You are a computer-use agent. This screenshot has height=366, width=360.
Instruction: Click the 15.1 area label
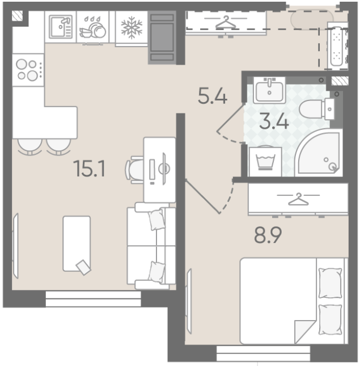click(x=90, y=169)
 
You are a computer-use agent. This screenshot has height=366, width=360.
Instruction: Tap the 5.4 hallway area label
click(x=213, y=95)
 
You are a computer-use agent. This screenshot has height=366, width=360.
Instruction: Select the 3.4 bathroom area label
click(x=274, y=121)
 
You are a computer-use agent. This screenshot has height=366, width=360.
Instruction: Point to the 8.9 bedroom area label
click(x=268, y=234)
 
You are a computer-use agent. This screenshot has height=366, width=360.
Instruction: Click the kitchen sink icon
click(x=61, y=27)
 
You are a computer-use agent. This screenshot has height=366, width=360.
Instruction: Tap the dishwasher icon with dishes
click(x=92, y=27)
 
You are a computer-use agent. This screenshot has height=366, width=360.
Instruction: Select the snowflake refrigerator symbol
click(x=132, y=27)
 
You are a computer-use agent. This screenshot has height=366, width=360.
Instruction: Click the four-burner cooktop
click(x=28, y=70)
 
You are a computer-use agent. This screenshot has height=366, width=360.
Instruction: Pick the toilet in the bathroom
click(x=317, y=109)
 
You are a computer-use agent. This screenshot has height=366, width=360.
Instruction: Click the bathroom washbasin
click(x=269, y=90)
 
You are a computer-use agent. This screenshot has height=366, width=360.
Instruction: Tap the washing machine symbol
click(x=265, y=161)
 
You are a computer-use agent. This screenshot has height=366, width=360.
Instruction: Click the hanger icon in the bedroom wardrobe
click(x=298, y=199)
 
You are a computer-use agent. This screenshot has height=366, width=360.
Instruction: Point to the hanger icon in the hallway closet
click(x=226, y=22)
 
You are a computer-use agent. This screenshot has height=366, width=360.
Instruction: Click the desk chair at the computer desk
click(x=134, y=170)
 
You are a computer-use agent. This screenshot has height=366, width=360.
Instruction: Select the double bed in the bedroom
click(x=294, y=301)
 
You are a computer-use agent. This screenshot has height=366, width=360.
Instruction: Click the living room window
click(x=94, y=298)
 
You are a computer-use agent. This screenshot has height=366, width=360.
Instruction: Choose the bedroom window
click(x=263, y=353)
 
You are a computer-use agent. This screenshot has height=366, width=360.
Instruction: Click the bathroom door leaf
click(x=230, y=117)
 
